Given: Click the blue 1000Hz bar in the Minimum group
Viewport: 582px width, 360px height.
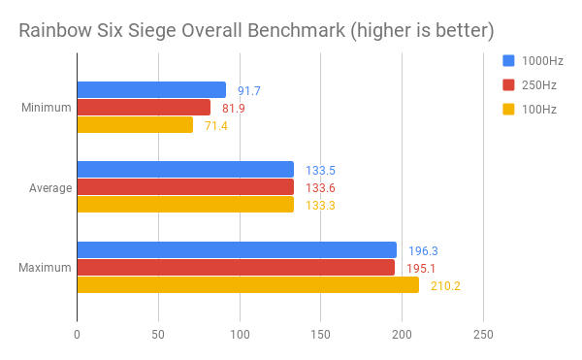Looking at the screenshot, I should [x=151, y=90].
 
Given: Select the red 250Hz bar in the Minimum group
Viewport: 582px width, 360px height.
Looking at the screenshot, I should [x=144, y=108].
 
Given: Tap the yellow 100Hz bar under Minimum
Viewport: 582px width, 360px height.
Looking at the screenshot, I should [x=135, y=125].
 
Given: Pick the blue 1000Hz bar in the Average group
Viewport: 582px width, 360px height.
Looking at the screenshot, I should [x=185, y=170].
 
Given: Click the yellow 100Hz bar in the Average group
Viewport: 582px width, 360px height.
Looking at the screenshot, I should [x=185, y=205].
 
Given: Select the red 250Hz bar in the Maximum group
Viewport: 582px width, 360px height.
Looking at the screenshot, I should [x=236, y=267].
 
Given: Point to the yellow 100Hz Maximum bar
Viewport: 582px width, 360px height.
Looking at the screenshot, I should [x=247, y=284].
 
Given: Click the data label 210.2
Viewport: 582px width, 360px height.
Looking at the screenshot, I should [x=444, y=285].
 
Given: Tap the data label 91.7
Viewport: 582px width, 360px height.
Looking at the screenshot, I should [x=249, y=91].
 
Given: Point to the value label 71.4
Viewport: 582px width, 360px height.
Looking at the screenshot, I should [x=216, y=126].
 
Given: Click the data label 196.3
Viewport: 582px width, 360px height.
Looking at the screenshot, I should [x=422, y=250].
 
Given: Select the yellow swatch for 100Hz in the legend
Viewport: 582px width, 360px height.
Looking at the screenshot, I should [x=507, y=110].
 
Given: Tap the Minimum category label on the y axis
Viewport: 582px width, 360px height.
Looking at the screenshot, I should [x=46, y=108].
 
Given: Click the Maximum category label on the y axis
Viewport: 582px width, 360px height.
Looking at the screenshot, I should [x=45, y=267].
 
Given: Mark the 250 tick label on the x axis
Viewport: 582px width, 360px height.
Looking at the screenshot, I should [x=483, y=335].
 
